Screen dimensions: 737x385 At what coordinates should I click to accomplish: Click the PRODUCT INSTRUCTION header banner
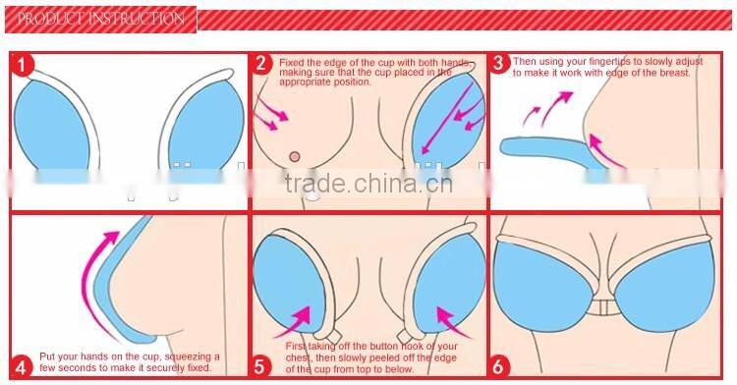click(100, 20)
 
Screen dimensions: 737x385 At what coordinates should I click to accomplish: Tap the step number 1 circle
click(22, 65)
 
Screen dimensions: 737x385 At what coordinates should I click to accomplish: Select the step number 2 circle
click(262, 64)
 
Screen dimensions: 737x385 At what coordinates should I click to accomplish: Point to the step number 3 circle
click(499, 64)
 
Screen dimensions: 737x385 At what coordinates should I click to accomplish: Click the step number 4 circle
click(22, 366)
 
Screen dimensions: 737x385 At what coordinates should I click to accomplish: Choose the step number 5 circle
click(260, 365)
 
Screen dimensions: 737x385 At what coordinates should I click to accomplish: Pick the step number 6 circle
click(498, 365)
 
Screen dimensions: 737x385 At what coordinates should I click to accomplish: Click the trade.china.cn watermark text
click(368, 183)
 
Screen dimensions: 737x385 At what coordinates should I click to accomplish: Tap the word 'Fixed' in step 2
click(291, 63)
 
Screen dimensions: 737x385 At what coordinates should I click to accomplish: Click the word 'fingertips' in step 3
click(623, 62)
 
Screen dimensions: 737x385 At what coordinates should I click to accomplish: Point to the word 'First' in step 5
click(296, 347)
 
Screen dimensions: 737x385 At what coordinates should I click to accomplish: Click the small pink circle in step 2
click(295, 157)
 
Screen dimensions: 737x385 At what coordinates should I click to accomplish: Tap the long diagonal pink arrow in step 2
click(446, 118)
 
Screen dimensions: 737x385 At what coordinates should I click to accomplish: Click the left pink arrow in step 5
click(294, 322)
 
